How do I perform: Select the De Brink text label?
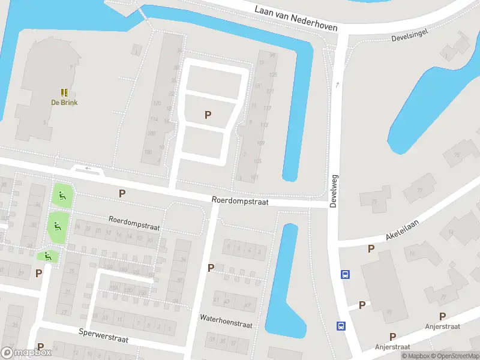tap(64, 102)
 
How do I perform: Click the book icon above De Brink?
tap(64, 92)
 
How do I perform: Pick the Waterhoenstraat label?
tap(226, 321)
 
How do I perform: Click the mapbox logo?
tap(26, 353)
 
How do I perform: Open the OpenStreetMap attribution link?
tap(455, 356)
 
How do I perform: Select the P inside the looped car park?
tap(208, 115)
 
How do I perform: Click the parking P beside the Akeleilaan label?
tap(371, 248)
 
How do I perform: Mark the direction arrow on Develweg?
tap(338, 85)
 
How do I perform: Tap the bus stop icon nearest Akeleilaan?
tap(345, 274)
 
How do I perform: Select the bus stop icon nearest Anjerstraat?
tap(341, 326)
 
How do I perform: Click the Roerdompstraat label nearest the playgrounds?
tap(134, 223)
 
